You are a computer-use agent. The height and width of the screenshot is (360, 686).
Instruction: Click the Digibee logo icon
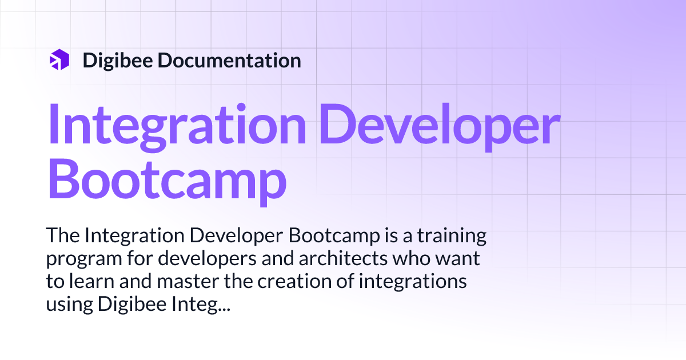coord(59,60)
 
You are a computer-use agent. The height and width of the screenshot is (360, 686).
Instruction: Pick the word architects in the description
coord(348,259)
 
